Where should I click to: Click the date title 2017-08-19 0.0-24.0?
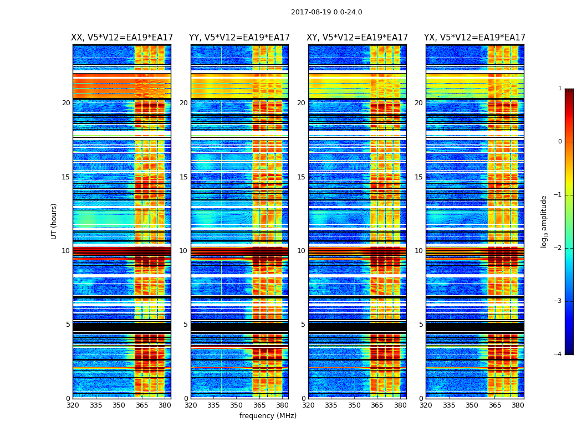point(326,12)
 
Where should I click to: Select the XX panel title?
point(121,38)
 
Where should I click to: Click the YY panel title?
point(239,38)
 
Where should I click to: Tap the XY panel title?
point(358,38)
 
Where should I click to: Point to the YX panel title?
point(474,38)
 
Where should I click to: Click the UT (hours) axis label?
point(54,221)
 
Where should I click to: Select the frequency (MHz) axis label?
point(268,416)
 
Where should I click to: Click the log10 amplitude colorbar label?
point(544,221)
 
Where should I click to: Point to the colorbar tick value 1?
point(560,89)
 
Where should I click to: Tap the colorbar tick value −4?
point(559,354)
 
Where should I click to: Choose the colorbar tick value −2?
point(559,248)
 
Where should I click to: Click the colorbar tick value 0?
point(560,142)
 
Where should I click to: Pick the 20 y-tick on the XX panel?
point(66,103)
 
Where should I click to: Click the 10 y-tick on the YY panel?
point(183,251)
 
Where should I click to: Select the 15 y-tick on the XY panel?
point(301,177)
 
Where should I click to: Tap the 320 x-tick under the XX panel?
point(73,405)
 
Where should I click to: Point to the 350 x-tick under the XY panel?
point(354,405)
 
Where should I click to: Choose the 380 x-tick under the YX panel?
point(518,405)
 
